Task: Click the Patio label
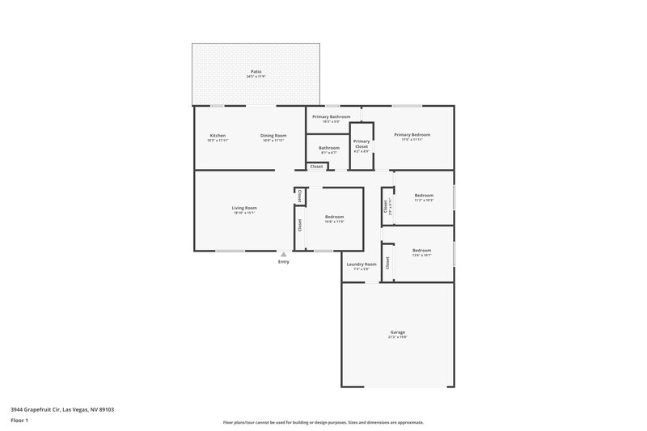pyautogui.click(x=256, y=71)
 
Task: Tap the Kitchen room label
pyautogui.click(x=218, y=135)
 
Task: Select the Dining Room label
pyautogui.click(x=273, y=135)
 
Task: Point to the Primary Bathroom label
pyautogui.click(x=332, y=116)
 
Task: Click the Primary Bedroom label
pyautogui.click(x=412, y=134)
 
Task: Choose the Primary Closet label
pyautogui.click(x=362, y=144)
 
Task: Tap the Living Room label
pyautogui.click(x=244, y=208)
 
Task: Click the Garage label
pyautogui.click(x=397, y=332)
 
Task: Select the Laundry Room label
pyautogui.click(x=362, y=264)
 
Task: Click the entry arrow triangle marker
pyautogui.click(x=283, y=254)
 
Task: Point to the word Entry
pyautogui.click(x=283, y=262)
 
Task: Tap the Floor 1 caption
pyautogui.click(x=19, y=420)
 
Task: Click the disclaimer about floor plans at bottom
pyautogui.click(x=323, y=422)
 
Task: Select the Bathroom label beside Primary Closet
pyautogui.click(x=328, y=147)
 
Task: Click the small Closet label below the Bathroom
pyautogui.click(x=316, y=167)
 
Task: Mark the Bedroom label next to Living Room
pyautogui.click(x=334, y=217)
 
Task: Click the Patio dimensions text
pyautogui.click(x=256, y=77)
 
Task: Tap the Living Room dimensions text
pyautogui.click(x=244, y=213)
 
